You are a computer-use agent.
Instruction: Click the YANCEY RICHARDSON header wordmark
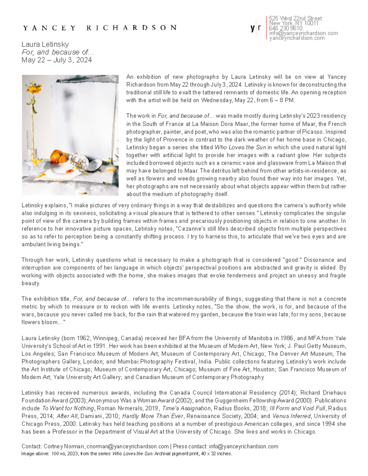[x=100, y=28]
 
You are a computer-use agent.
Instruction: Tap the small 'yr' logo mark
[x=255, y=28]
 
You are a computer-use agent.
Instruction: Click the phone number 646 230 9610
[x=286, y=28]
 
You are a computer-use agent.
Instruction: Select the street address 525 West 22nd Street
[x=295, y=18]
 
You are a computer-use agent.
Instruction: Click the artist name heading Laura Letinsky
[x=45, y=44]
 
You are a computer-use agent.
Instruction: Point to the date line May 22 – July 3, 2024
[x=57, y=60]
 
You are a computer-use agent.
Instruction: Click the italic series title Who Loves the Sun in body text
[x=240, y=147]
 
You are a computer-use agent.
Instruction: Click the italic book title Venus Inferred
[x=291, y=416]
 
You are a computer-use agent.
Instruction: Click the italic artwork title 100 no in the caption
[x=58, y=454]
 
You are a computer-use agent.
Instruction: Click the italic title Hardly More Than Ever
[x=153, y=416]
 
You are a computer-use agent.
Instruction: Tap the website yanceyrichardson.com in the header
[x=297, y=38]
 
